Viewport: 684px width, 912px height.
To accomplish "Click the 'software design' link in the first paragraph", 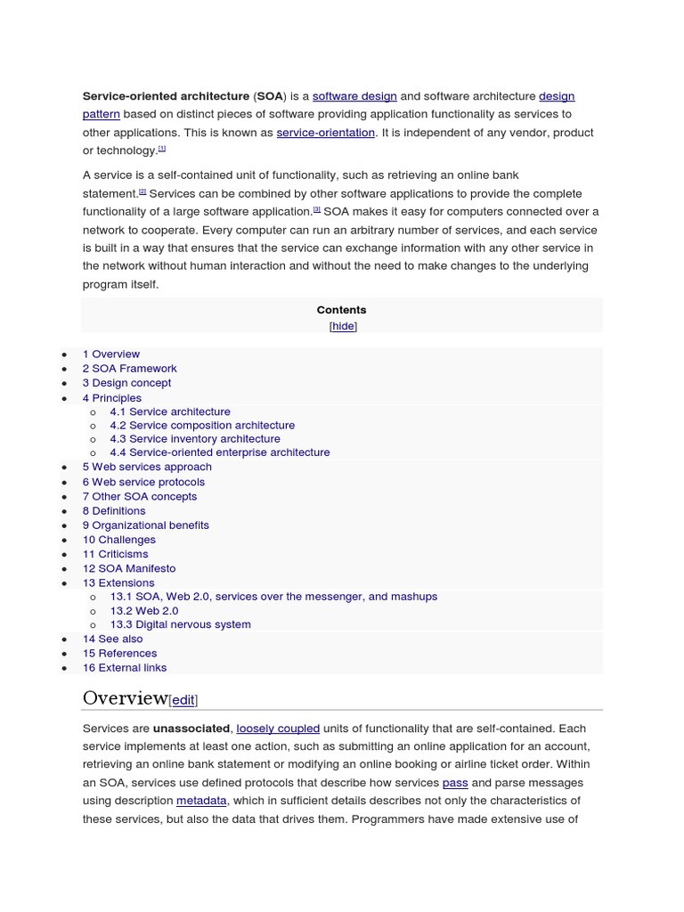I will (354, 96).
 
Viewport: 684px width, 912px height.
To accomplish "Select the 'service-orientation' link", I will (325, 133).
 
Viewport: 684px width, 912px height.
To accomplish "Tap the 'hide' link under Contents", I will (343, 326).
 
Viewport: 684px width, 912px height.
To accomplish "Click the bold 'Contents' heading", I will (341, 310).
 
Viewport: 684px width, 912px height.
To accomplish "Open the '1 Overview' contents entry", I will (111, 354).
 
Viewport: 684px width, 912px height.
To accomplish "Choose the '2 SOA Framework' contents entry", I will (129, 369).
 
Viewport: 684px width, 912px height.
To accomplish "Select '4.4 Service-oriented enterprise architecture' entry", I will (219, 452).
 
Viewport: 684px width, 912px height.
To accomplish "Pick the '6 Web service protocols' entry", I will (143, 482).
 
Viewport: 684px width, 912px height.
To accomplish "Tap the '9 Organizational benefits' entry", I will (146, 525).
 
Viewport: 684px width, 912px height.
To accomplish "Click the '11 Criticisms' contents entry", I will (115, 554).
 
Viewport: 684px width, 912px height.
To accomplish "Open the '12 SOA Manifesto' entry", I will (129, 568).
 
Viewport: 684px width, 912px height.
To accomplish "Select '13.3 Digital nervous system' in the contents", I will (180, 624).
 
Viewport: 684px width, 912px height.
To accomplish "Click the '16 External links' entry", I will (125, 667).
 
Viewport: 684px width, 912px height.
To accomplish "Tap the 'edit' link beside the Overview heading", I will (183, 700).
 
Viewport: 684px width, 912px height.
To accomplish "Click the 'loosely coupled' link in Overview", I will (278, 729).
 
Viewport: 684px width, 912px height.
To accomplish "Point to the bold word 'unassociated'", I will (191, 729).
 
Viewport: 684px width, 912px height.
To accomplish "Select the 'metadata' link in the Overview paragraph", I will (201, 801).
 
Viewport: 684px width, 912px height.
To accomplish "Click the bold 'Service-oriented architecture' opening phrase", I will (166, 96).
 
